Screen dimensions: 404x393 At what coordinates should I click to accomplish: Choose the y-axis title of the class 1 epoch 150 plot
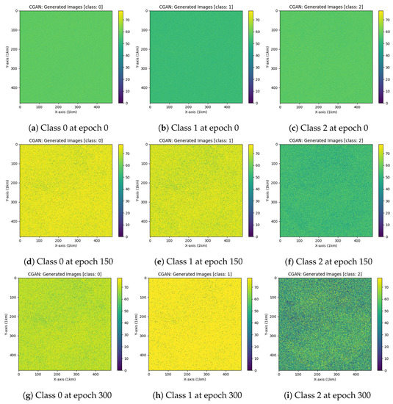136,192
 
